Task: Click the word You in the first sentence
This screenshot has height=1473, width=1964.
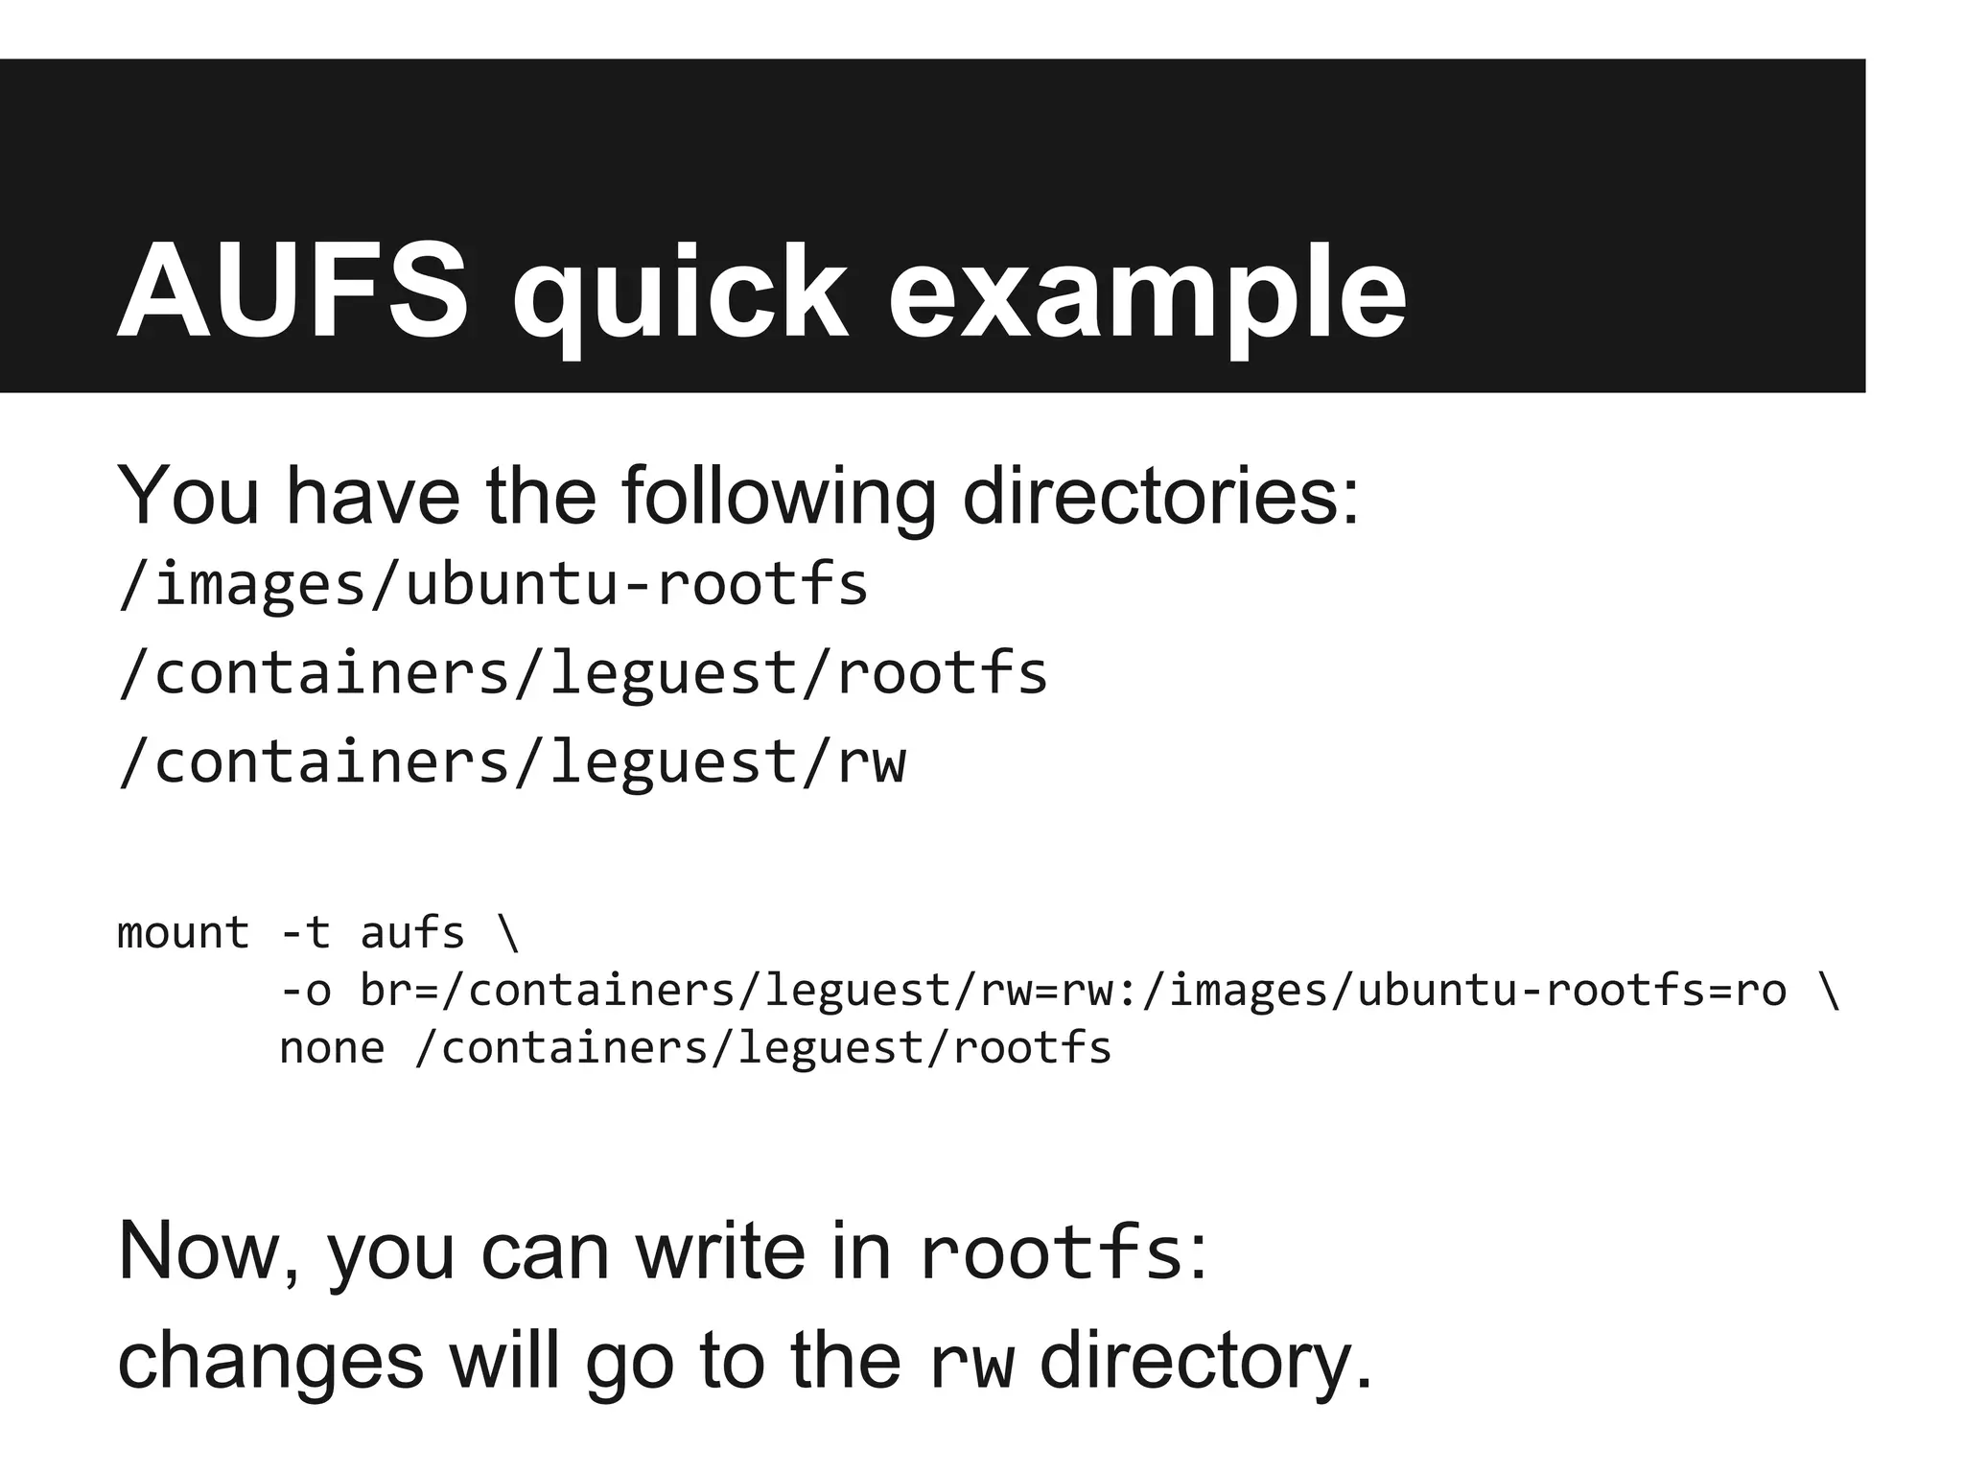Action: coord(188,496)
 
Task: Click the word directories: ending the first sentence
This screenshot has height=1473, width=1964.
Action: coord(1160,496)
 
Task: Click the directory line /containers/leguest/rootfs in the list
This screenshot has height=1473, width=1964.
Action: coord(582,673)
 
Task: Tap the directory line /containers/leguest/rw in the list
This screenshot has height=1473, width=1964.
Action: coord(511,762)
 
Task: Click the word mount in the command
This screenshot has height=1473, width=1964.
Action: coord(182,932)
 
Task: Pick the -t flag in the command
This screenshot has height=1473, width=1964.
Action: coord(305,932)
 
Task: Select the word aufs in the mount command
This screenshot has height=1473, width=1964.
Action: coord(412,932)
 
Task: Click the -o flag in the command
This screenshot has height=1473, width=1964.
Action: coord(305,990)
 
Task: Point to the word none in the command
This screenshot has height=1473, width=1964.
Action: coord(332,1047)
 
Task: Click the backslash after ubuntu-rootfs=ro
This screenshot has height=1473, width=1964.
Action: coord(1828,990)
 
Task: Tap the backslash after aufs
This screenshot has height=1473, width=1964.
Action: coord(509,932)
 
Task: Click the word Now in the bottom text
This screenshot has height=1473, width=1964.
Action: coord(205,1251)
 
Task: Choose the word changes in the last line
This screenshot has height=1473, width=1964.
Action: coord(269,1361)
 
